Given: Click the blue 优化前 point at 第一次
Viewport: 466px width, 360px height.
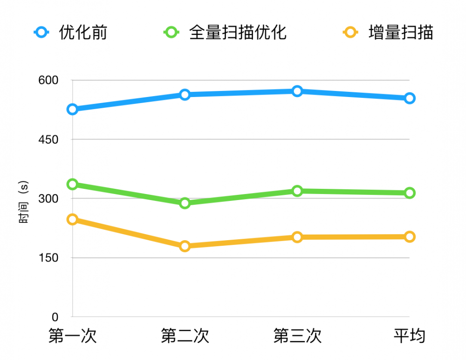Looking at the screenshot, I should click(72, 109).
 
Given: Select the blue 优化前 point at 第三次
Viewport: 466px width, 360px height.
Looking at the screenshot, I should click(297, 91).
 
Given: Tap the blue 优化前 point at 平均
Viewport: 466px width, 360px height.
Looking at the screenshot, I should click(410, 98).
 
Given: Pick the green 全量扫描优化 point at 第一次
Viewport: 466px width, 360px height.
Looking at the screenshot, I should click(72, 184).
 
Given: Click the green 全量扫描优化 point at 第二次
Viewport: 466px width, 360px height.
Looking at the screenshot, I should click(185, 203).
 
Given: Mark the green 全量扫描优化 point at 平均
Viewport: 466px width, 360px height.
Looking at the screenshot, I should click(410, 193).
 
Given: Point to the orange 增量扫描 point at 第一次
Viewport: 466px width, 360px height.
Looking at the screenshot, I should click(72, 219).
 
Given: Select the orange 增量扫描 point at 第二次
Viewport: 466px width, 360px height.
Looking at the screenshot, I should click(185, 246).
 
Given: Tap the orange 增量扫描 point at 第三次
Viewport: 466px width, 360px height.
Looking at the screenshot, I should click(297, 237).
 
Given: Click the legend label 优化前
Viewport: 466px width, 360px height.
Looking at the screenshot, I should click(83, 32).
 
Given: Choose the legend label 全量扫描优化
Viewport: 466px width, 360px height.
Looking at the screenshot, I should click(238, 32).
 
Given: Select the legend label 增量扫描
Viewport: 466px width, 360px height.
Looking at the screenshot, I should click(400, 32).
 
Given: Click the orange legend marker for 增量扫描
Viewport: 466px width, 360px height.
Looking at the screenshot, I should click(349, 32).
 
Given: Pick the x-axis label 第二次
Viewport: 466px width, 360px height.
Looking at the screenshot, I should click(185, 336).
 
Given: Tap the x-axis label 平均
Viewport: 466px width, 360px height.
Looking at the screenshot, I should click(410, 336).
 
